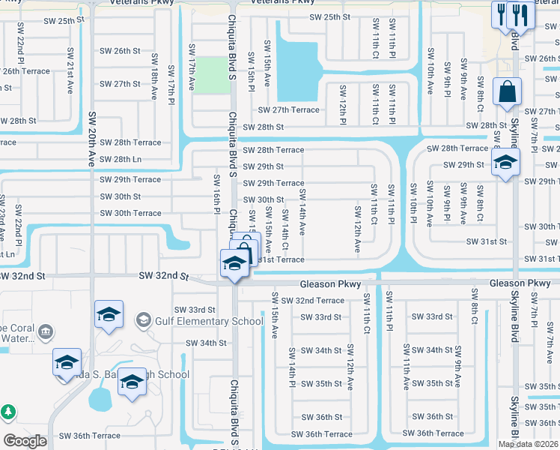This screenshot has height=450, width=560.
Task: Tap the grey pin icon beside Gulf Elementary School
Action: coord(143,321)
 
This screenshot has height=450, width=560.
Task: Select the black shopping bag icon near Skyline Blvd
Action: coord(507,92)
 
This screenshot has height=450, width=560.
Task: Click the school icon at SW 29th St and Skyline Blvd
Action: coord(506,162)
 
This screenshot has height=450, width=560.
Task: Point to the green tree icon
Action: coord(8,412)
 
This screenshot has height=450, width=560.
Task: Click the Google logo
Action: coord(25,441)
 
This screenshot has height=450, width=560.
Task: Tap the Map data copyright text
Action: coord(529,444)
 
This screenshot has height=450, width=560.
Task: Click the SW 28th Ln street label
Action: coord(121,159)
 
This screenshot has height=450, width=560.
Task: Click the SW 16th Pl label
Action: coord(216,194)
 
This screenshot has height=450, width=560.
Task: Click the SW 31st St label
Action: coord(487,241)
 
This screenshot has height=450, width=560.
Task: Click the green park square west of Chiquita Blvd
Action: coord(214,75)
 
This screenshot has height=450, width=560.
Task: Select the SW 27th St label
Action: coord(121,84)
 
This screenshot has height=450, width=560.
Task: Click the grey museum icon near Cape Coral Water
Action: coord(46,331)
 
